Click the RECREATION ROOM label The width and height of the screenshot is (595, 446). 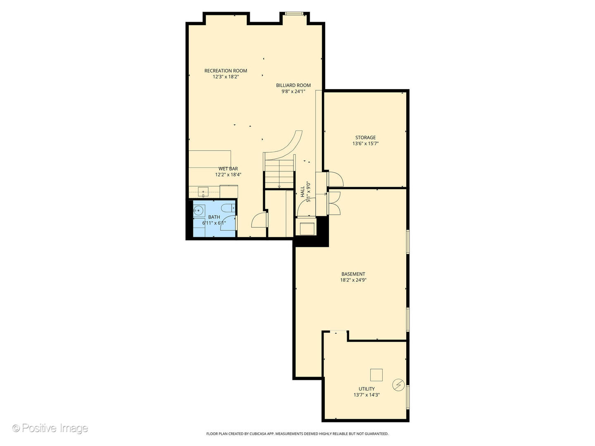tap(226, 71)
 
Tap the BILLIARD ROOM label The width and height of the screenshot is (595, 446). tap(293, 85)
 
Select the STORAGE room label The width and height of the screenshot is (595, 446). tap(365, 138)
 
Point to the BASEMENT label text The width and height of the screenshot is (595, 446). tap(353, 274)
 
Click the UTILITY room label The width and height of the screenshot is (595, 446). tap(367, 389)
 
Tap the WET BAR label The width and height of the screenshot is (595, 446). tap(228, 169)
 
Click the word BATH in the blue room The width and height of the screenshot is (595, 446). tap(214, 217)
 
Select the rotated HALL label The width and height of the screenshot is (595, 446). tap(302, 192)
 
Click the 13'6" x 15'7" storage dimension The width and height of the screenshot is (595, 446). tap(365, 144)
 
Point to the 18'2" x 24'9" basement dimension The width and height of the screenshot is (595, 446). tap(353, 280)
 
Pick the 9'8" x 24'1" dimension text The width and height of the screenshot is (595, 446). tap(293, 91)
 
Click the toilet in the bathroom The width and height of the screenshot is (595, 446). tap(228, 208)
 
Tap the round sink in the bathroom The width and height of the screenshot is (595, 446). tap(199, 210)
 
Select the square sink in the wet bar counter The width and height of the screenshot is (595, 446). tap(203, 192)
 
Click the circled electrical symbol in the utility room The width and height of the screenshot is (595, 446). tap(398, 384)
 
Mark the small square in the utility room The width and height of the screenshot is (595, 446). tap(376, 375)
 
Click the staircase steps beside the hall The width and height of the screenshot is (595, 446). tap(279, 174)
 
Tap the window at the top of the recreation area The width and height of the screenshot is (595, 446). tap(294, 14)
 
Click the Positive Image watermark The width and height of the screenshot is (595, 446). tap(50, 428)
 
